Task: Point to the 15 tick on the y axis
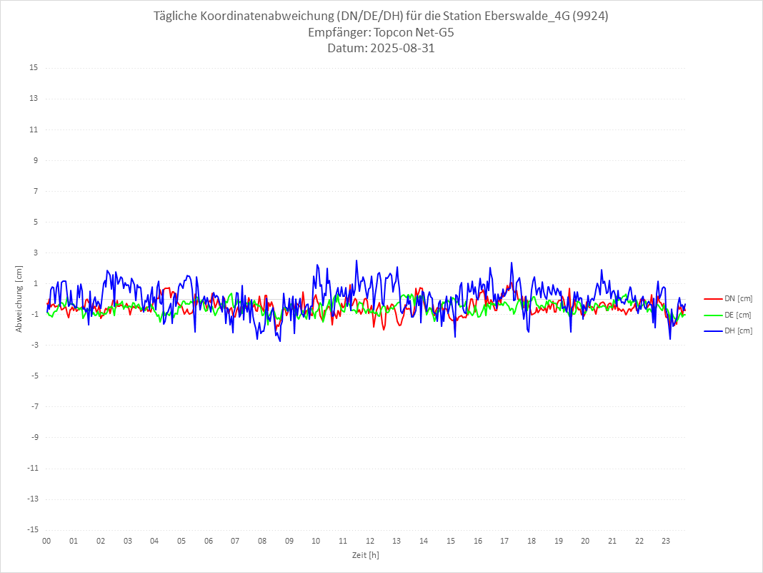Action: click(x=34, y=68)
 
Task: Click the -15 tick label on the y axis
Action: click(x=32, y=529)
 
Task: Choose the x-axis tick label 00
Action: click(x=46, y=541)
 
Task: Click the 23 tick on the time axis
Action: click(x=666, y=541)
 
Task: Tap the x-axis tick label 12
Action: click(x=370, y=541)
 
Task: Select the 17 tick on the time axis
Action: click(x=504, y=541)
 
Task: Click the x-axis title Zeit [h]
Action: click(x=365, y=555)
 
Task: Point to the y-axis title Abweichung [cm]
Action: click(x=19, y=298)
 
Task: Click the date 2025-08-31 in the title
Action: click(x=401, y=49)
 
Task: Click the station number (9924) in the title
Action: click(x=589, y=16)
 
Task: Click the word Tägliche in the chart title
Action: click(x=176, y=16)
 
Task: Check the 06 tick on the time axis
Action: click(x=208, y=541)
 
